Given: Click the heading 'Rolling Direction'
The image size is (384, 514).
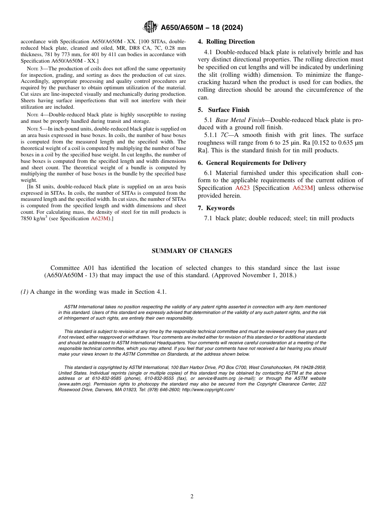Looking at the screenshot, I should click(x=230, y=42).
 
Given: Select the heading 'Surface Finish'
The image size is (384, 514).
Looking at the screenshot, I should click(x=229, y=110).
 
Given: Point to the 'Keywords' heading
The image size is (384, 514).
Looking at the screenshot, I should click(x=220, y=208).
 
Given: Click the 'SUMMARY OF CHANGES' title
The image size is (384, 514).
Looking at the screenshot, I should click(x=192, y=251).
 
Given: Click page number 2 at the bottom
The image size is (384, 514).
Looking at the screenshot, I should click(x=192, y=497).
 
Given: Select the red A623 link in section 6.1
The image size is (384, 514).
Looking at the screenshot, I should click(x=242, y=188).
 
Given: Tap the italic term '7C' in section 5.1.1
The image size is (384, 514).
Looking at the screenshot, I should click(x=224, y=135).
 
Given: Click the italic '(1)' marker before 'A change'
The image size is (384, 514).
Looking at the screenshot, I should click(x=25, y=292).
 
